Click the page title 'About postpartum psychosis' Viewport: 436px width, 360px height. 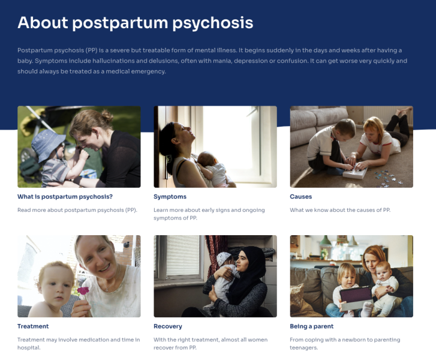pyautogui.click(x=136, y=23)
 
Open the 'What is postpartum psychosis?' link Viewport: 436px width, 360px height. pyautogui.click(x=65, y=197)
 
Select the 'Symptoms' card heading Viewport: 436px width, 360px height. pyautogui.click(x=170, y=197)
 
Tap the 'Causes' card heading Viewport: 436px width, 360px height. pyautogui.click(x=301, y=197)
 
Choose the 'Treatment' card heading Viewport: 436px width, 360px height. pyautogui.click(x=33, y=326)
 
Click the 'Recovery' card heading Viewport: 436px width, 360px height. pyautogui.click(x=168, y=326)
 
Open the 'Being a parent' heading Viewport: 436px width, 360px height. pyautogui.click(x=311, y=326)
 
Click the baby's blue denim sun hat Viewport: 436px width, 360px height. pyautogui.click(x=47, y=144)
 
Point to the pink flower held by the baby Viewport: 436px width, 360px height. pyautogui.click(x=83, y=291)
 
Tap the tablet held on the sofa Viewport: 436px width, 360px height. pyautogui.click(x=356, y=297)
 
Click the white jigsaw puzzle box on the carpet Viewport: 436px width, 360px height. pyautogui.click(x=355, y=173)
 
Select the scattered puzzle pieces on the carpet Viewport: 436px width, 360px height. pyautogui.click(x=388, y=177)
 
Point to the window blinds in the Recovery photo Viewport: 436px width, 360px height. pyautogui.click(x=183, y=256)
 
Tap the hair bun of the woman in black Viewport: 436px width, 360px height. pyautogui.click(x=107, y=115)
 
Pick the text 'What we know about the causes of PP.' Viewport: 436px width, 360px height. pyautogui.click(x=340, y=210)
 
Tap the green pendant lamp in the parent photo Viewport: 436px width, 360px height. pyautogui.click(x=325, y=241)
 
